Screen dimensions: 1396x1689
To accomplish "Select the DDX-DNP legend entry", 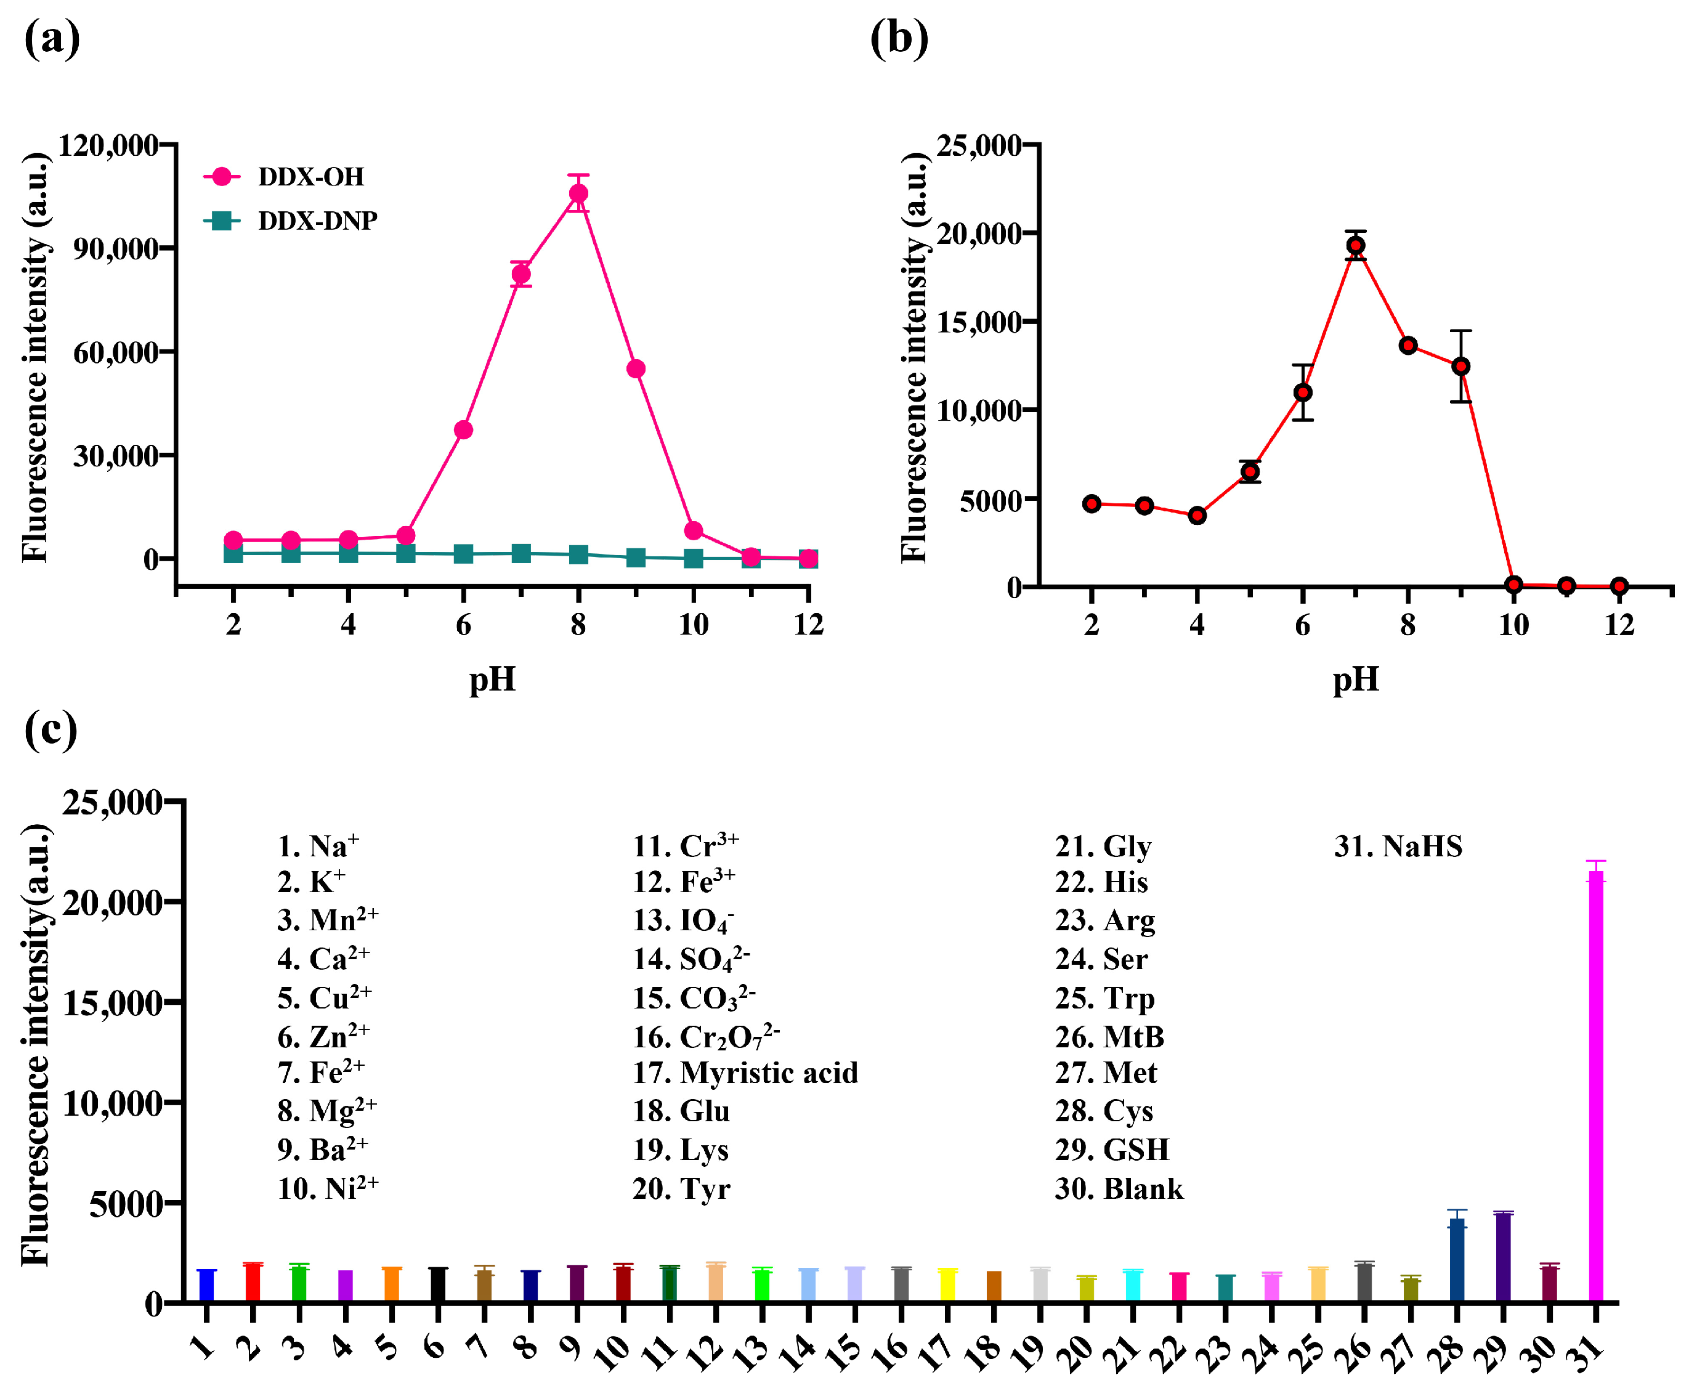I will (316, 221).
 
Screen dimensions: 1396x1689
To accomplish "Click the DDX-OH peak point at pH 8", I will (578, 194).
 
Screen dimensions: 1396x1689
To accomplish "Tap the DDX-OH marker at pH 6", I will (463, 430).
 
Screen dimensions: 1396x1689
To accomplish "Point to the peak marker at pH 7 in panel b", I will (1355, 246).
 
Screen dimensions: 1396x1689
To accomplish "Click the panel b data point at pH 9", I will (1460, 367).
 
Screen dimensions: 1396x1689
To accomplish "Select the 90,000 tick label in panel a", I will (116, 248).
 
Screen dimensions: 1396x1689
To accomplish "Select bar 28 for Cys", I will (1457, 1260).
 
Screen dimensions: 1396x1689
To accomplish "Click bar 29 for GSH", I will (1502, 1257).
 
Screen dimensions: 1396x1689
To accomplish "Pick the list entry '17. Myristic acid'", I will (745, 1073).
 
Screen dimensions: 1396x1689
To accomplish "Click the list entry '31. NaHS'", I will (1398, 846).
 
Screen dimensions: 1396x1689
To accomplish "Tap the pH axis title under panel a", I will (492, 680).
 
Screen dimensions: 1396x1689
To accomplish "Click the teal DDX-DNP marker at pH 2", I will (233, 553).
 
